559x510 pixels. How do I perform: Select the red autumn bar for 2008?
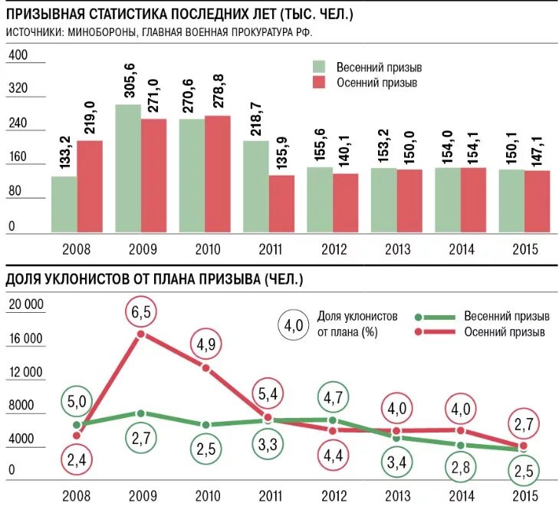coord(90,186)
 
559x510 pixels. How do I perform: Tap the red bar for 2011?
coord(281,203)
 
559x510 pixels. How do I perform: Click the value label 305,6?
coord(130,78)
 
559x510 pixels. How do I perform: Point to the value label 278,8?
coord(218,90)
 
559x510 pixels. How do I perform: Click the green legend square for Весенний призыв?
coord(320,67)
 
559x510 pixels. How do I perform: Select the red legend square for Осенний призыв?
coord(320,83)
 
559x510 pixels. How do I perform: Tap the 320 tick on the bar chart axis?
coord(17,89)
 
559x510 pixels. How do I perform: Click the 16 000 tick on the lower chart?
coord(25,339)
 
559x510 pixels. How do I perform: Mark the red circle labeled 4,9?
coord(206,344)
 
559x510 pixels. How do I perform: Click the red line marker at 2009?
coord(141,334)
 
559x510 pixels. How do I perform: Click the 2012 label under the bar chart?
coord(333,250)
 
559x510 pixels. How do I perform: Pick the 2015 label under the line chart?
coord(524,496)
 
